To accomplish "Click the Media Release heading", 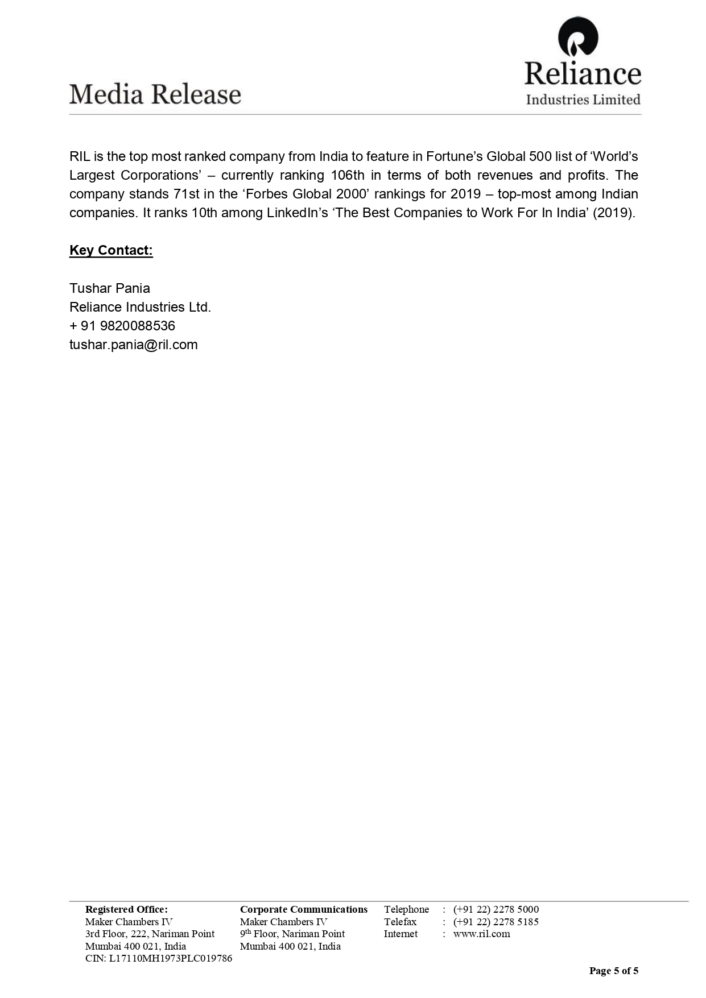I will tap(155, 94).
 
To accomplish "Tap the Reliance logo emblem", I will tap(578, 37).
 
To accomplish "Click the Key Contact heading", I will tap(111, 251).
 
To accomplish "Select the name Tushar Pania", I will tap(110, 288).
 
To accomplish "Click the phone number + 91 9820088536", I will tap(122, 326).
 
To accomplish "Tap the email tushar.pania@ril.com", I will tap(134, 345).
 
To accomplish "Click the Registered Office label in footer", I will tap(126, 909).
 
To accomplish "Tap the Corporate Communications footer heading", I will tap(304, 909).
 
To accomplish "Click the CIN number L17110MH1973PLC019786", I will tap(159, 958).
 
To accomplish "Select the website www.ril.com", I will tap(481, 934).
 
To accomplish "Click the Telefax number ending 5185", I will tap(496, 922).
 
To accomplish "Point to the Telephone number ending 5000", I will tap(496, 909).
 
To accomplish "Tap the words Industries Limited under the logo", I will tap(583, 100).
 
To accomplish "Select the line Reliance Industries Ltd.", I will tap(140, 307).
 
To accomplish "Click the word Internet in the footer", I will tap(401, 934).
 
